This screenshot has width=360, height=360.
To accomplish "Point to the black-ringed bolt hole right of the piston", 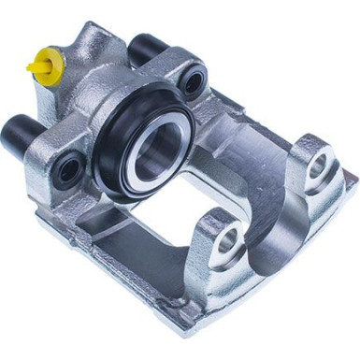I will coord(193,81).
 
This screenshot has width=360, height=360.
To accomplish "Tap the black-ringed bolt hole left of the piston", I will coord(67,168).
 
